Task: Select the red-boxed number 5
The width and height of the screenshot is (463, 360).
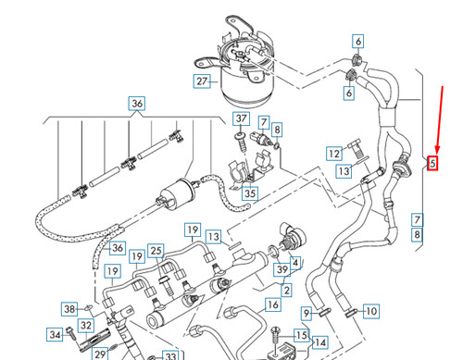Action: point(432,165)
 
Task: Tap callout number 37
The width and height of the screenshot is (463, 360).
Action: point(241,119)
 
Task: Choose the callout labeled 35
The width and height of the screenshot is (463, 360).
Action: point(249,193)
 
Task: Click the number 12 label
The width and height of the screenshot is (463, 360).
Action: point(334,153)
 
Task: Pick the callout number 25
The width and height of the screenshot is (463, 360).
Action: point(156,251)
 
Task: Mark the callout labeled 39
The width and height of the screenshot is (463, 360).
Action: point(282,268)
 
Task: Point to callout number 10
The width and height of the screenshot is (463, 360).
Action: point(370,312)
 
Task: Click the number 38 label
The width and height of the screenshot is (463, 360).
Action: point(69,309)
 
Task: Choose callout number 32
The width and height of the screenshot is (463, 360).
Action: point(85,325)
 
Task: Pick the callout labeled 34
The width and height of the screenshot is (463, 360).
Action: point(56,335)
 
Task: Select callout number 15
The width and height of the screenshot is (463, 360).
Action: point(301,335)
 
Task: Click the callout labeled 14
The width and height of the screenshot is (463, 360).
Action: point(320,342)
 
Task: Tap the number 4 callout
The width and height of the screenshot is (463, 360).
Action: point(295,263)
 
